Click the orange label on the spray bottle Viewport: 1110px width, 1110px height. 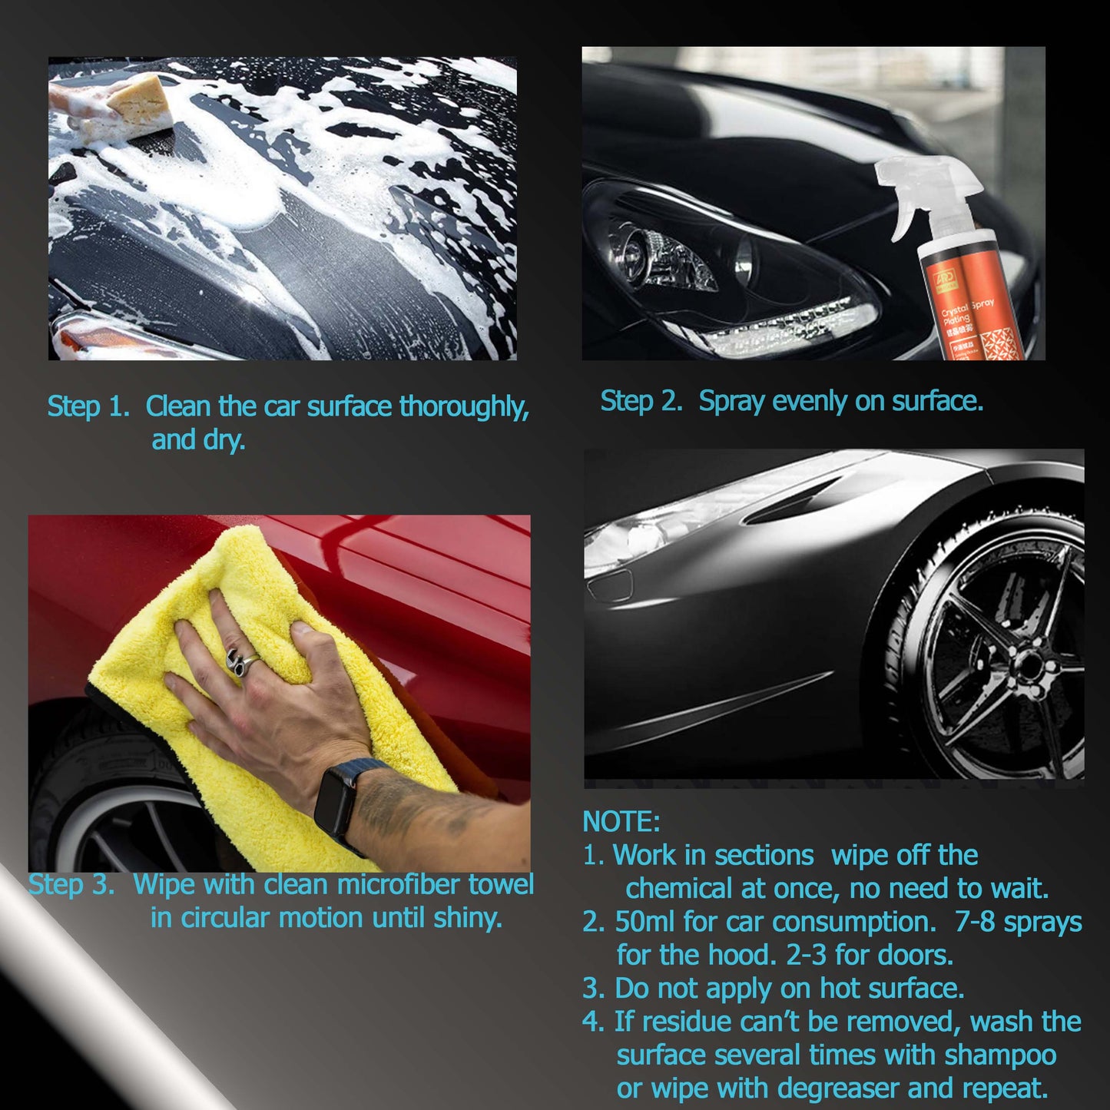972,307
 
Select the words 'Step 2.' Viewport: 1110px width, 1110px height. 641,401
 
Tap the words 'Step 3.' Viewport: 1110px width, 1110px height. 71,884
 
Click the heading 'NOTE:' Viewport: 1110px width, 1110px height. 621,821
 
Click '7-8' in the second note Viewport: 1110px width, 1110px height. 976,922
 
